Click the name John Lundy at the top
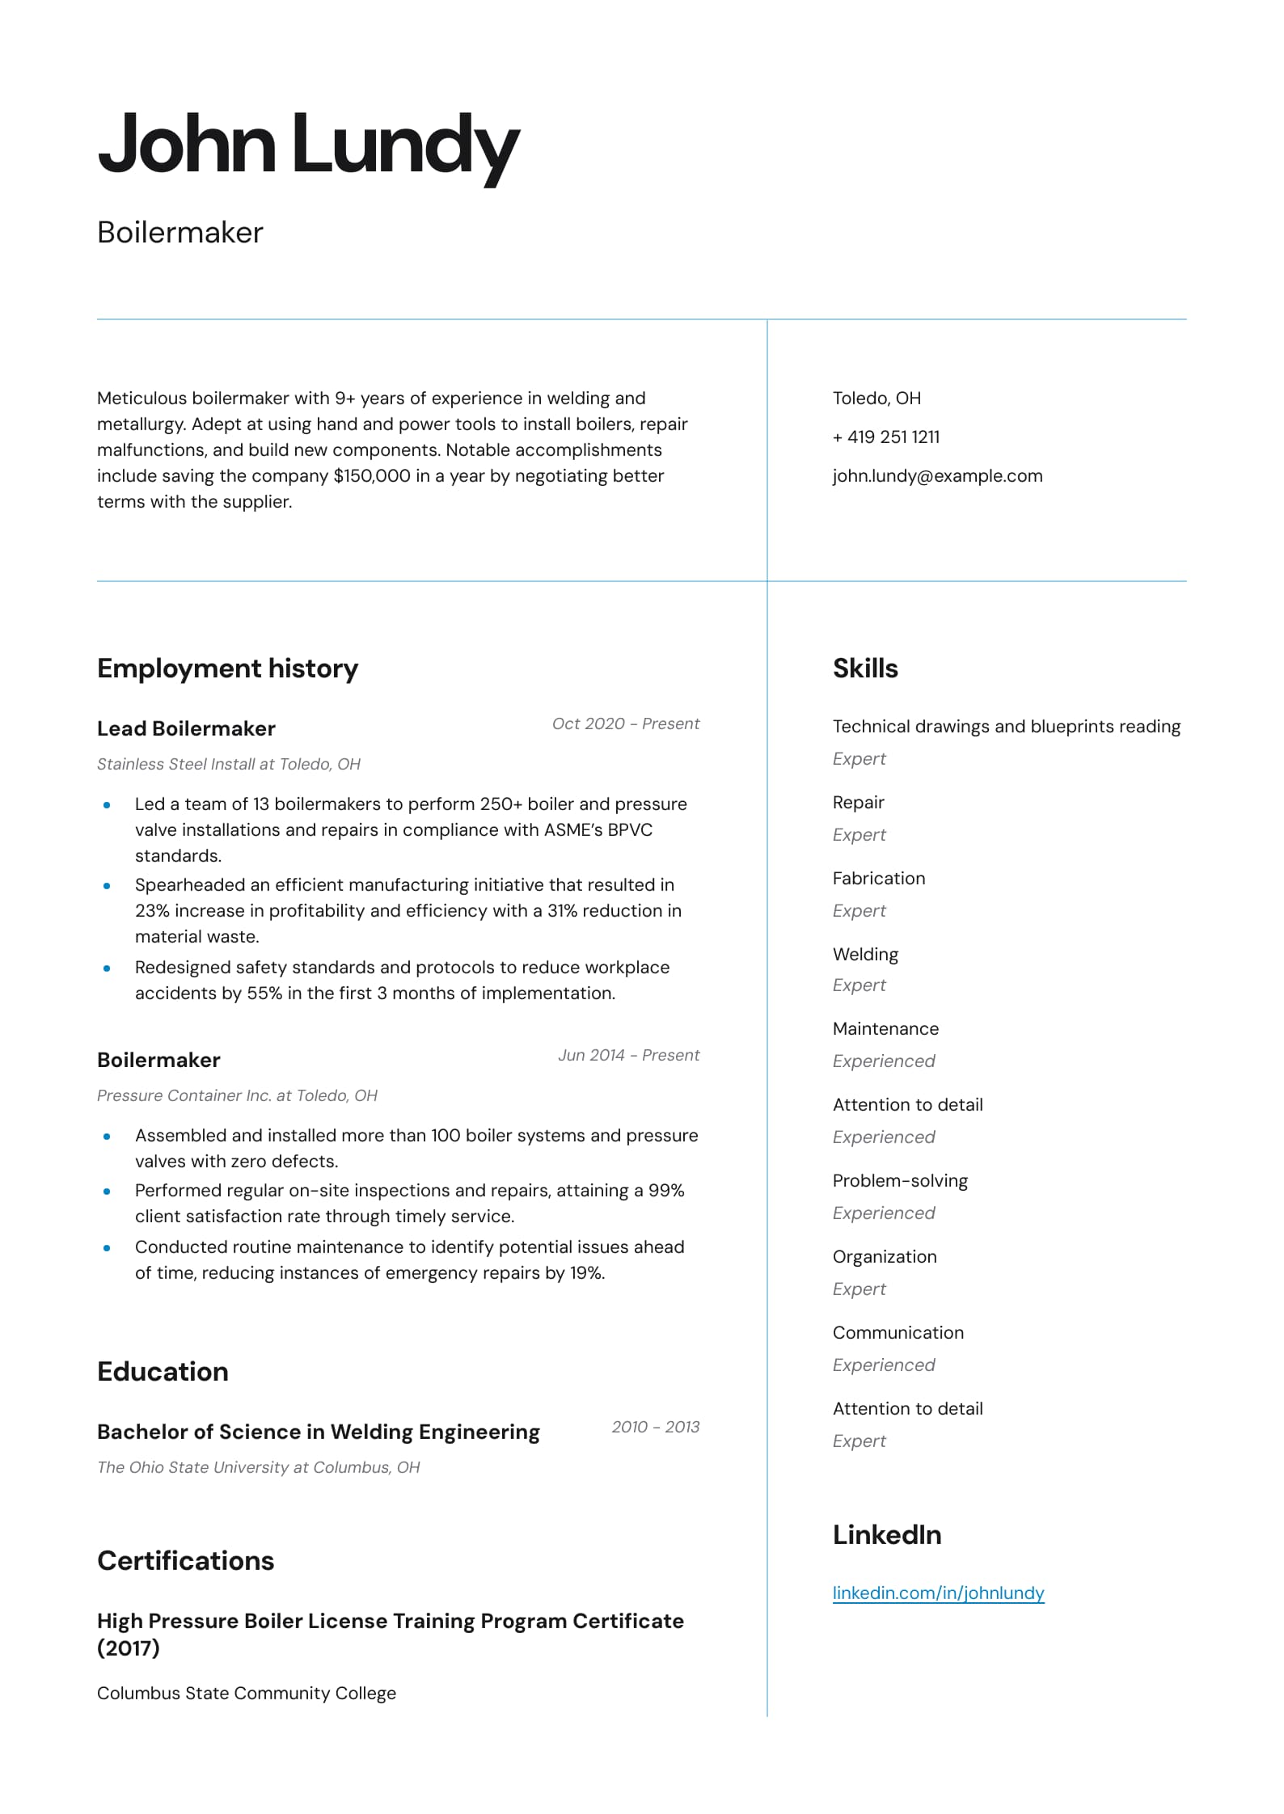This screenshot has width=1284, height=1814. click(308, 146)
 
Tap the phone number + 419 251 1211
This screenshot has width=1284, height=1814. click(886, 437)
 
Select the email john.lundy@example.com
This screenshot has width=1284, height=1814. click(937, 476)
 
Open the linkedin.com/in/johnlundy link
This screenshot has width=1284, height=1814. click(938, 1593)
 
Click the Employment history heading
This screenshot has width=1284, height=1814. click(227, 669)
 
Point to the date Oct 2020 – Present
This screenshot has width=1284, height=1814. click(625, 723)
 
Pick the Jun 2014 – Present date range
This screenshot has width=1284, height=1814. click(628, 1055)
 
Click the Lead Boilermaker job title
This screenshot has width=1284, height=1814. click(186, 728)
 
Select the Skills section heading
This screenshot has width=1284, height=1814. click(865, 669)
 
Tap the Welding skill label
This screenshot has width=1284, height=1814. click(865, 955)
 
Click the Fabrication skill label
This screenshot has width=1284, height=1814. click(879, 879)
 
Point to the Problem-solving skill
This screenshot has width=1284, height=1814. click(900, 1181)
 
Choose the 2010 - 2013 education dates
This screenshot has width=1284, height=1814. click(655, 1427)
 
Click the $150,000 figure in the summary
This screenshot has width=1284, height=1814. click(372, 476)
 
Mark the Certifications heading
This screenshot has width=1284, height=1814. click(185, 1561)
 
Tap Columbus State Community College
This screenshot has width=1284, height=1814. click(247, 1694)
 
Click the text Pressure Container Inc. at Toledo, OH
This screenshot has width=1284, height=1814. click(237, 1095)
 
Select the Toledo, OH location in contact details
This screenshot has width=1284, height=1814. click(876, 399)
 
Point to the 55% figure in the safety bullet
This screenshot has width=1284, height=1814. click(264, 993)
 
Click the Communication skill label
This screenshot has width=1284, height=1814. click(898, 1333)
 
